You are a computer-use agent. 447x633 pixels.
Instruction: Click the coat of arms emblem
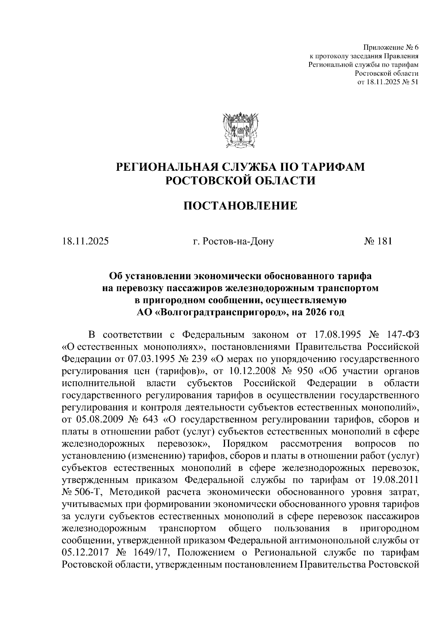[239, 129]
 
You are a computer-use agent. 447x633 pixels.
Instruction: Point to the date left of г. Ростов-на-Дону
[85, 241]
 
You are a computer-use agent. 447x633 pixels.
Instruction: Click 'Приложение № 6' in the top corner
[391, 48]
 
